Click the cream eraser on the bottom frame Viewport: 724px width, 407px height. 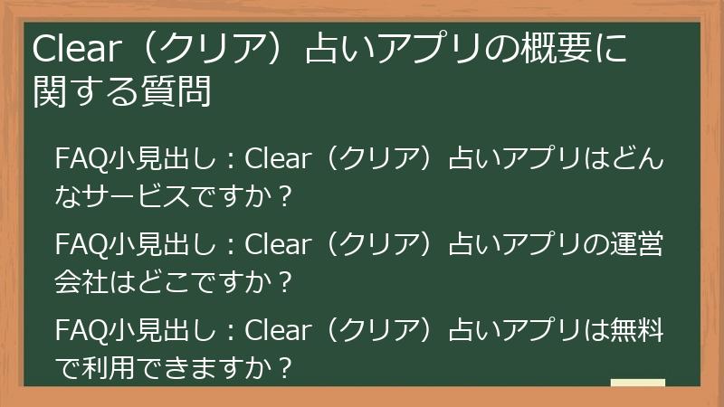[x=637, y=383]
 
